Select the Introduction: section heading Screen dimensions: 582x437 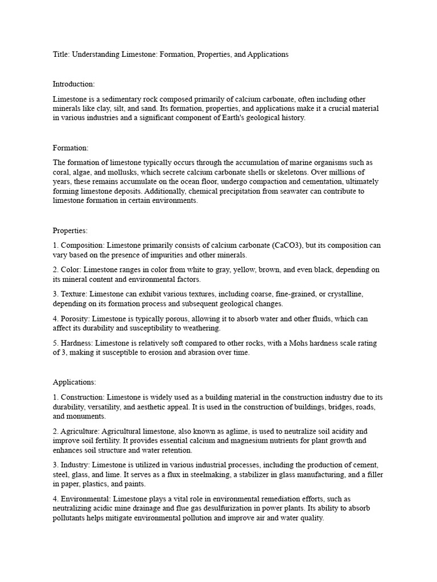point(74,84)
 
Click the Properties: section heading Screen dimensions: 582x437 point(71,231)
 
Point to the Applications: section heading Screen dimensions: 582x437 point(75,382)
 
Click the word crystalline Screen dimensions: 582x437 point(343,294)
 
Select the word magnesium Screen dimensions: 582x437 point(269,440)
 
